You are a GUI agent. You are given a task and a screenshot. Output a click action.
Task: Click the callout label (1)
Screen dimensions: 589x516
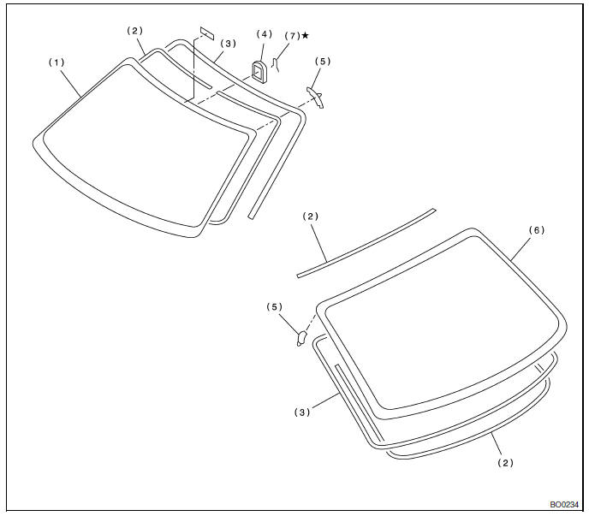[57, 62]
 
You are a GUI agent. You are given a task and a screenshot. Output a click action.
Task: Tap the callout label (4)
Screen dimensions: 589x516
[264, 34]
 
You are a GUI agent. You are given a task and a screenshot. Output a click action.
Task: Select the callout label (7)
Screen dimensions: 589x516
[293, 36]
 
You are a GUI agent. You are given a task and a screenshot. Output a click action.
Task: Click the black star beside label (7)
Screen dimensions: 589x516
[305, 35]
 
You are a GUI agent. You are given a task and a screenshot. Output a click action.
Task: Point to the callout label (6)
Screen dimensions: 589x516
[537, 230]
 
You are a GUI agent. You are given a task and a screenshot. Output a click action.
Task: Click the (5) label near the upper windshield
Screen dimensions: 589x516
[323, 62]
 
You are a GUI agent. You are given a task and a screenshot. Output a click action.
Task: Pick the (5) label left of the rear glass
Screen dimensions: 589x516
[275, 307]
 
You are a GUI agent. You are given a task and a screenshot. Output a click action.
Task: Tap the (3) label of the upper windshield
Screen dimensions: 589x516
[228, 44]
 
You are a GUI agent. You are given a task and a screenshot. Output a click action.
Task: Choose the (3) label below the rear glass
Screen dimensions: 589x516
[302, 412]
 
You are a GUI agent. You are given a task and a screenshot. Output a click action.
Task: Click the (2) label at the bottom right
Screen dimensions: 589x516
[506, 463]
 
